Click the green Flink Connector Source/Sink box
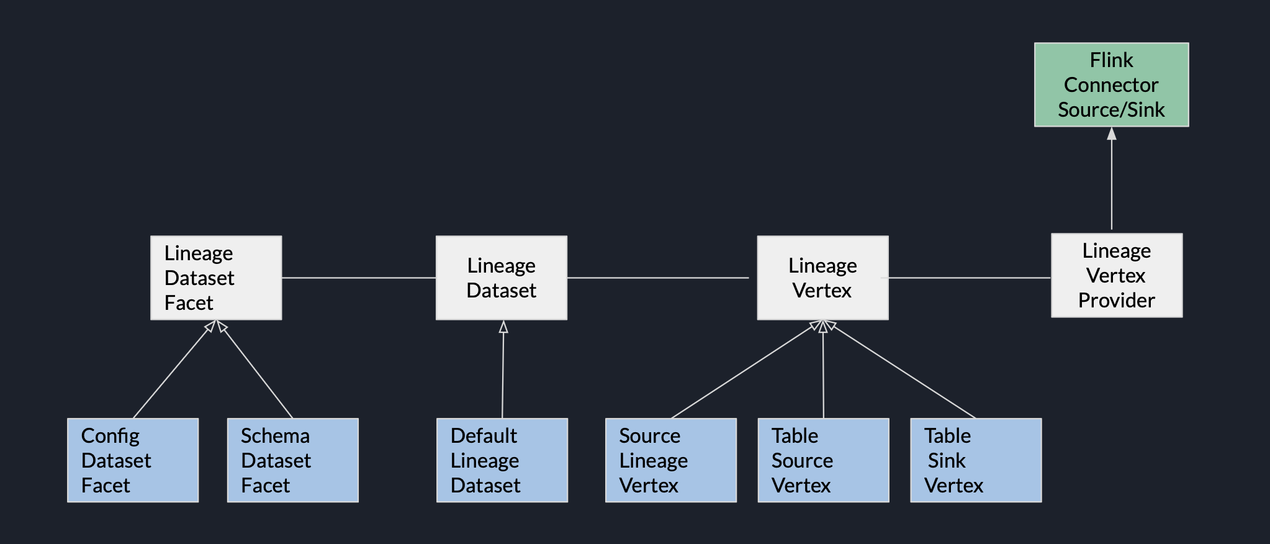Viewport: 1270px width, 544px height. click(x=1111, y=85)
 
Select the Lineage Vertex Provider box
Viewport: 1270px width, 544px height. click(x=1116, y=276)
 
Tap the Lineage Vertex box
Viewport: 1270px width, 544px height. click(x=822, y=278)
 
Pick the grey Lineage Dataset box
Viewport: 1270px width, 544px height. click(x=501, y=278)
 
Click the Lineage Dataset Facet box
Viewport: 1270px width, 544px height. click(x=216, y=278)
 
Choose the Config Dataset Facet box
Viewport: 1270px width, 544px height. click(x=133, y=460)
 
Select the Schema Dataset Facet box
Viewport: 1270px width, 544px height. click(x=292, y=460)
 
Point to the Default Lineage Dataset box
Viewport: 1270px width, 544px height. click(x=502, y=460)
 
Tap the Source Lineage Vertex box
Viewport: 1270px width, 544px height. click(x=670, y=460)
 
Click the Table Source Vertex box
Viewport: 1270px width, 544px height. click(x=823, y=460)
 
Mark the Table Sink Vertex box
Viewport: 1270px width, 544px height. click(x=976, y=460)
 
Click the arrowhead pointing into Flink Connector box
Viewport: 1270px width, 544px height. click(x=1112, y=134)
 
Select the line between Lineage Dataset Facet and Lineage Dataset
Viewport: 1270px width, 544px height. click(x=359, y=278)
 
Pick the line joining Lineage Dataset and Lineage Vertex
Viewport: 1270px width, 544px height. click(x=658, y=278)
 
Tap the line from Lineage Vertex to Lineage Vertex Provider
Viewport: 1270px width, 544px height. click(x=968, y=278)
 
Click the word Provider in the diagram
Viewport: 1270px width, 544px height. click(x=1116, y=301)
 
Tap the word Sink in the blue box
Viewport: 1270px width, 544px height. click(x=947, y=461)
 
